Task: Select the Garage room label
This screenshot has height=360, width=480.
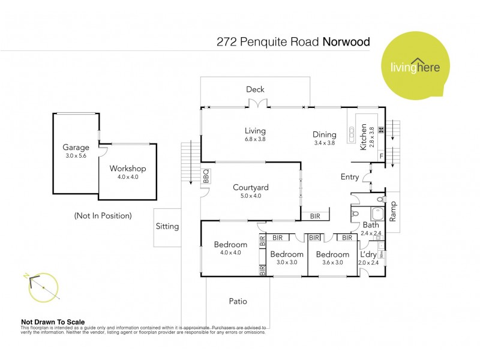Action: (76, 147)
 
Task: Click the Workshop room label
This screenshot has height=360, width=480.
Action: (127, 169)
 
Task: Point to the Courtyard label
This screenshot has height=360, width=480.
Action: (250, 187)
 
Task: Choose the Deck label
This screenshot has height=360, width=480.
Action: (255, 89)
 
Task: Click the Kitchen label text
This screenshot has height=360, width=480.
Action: (363, 137)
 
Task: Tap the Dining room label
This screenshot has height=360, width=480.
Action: (325, 134)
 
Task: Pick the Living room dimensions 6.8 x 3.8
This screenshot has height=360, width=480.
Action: (255, 139)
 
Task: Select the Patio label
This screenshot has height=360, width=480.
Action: (238, 301)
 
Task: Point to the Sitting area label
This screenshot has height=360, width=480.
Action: (167, 226)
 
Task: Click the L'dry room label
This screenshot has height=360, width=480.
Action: (368, 254)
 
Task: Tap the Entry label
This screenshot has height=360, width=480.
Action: (349, 177)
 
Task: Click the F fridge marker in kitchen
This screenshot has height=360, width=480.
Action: (381, 156)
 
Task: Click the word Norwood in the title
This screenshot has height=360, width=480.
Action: (346, 42)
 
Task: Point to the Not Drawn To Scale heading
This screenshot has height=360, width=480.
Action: (53, 322)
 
